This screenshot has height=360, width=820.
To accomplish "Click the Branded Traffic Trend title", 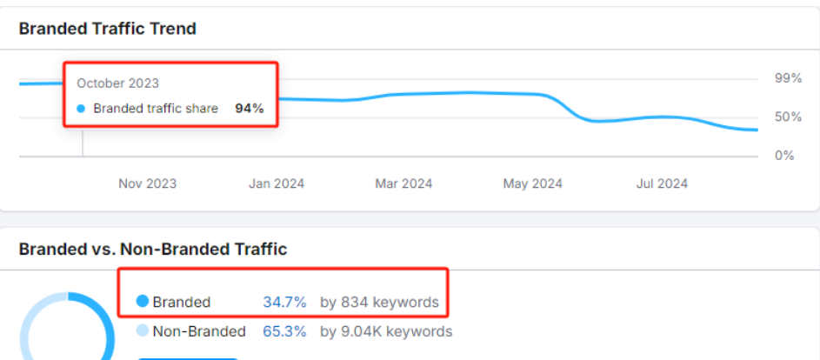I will point(107,29).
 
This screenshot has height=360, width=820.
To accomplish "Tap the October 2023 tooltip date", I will point(117,83).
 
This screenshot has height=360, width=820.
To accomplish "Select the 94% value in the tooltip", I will point(249,109).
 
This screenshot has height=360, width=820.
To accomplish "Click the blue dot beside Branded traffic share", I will point(81,109).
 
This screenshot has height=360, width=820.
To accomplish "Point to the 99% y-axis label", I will point(788,78).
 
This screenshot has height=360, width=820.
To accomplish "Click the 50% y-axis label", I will point(788,117).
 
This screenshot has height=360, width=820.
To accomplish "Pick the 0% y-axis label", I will point(784,155).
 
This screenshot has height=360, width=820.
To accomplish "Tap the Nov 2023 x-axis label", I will point(147,183).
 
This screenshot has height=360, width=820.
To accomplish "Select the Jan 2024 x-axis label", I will point(277,183).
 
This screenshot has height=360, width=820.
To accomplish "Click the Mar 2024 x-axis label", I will point(403,183).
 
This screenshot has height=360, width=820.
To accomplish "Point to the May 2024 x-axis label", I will point(532,183).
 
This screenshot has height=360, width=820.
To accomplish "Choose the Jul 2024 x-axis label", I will point(662,183).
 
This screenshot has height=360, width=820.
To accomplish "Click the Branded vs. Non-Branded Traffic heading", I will point(152,250).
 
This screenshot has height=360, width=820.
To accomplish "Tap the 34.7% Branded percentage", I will point(284,303).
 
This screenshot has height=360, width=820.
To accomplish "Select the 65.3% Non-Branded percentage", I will point(284,331).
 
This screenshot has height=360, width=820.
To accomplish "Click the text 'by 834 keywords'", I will point(379,303).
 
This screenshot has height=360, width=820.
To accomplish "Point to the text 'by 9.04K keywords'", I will point(386,331).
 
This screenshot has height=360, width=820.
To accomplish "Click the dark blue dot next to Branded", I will point(142,302).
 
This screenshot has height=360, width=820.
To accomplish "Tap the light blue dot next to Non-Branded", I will point(142,330).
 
